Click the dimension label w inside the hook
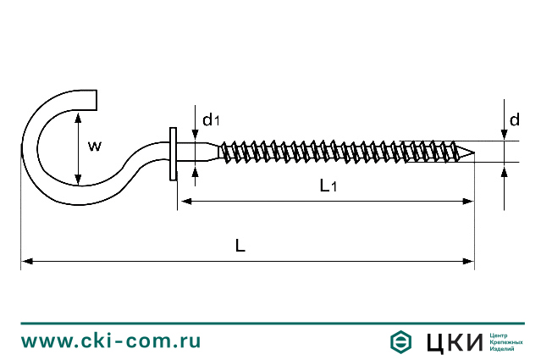[95, 146]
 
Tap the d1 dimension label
[211, 120]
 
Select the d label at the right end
[515, 120]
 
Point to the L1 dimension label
[328, 186]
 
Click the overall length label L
[240, 246]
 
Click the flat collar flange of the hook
[173, 153]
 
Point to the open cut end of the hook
[91, 100]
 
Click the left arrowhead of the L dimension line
[26, 262]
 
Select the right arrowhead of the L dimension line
[469, 262]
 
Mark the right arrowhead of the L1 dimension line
[468, 201]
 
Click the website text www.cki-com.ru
[111, 341]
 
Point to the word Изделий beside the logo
[502, 349]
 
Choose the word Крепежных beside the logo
[506, 341]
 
